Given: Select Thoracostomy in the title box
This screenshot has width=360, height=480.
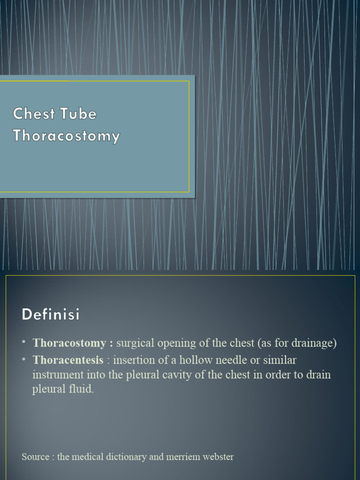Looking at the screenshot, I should (x=67, y=136).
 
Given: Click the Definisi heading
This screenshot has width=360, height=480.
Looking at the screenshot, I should (x=51, y=315).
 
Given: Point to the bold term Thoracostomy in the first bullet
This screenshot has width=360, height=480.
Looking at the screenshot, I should (x=69, y=343).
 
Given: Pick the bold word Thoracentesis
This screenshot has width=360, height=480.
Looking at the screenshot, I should (x=68, y=360).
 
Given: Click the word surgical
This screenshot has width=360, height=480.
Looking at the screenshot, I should (x=134, y=343).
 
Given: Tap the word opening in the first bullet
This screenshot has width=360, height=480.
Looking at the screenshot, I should (x=175, y=344).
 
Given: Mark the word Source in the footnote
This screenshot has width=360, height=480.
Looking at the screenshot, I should (x=35, y=457).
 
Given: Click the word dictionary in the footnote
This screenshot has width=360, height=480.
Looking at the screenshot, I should (x=127, y=457).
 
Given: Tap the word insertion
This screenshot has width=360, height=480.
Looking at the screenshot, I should (x=131, y=360).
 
